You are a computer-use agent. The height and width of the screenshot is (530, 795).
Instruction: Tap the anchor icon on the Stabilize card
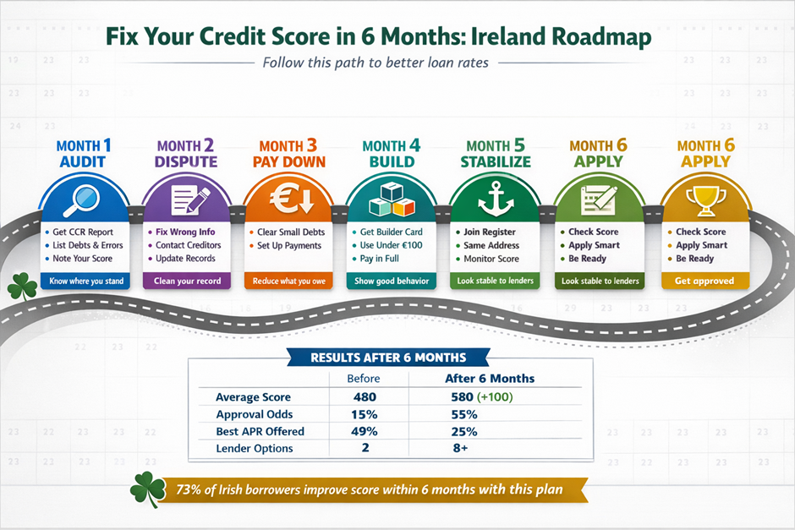[x=496, y=199]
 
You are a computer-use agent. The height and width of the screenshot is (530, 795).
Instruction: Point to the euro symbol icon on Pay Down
[x=292, y=198]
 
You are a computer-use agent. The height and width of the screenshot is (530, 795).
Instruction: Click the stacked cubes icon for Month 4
[x=392, y=199]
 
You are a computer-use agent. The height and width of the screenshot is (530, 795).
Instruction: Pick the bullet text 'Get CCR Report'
[x=83, y=232]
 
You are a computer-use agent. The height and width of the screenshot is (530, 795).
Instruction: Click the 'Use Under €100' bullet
[x=391, y=245]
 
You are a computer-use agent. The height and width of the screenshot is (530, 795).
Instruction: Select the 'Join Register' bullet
[x=490, y=232]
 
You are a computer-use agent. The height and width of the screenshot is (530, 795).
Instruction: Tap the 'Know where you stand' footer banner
[x=86, y=281]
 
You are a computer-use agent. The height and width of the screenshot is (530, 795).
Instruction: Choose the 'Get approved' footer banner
[x=705, y=281]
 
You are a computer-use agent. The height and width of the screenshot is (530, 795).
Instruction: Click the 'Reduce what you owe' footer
[x=289, y=281]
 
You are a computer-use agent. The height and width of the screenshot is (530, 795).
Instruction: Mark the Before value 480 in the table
[x=365, y=396]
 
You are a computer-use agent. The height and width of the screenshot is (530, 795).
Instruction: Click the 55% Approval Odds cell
[x=464, y=414]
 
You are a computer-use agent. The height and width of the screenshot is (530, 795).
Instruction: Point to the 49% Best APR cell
[x=364, y=431]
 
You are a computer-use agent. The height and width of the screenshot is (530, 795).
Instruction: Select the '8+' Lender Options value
[x=460, y=448]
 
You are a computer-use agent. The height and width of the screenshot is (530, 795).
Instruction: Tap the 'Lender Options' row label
[x=255, y=448]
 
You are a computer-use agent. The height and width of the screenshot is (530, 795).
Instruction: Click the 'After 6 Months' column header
[x=490, y=379]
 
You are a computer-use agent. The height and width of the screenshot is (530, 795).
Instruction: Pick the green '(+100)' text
[x=495, y=396]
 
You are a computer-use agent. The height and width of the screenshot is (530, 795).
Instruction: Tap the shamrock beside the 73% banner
[x=147, y=489]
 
